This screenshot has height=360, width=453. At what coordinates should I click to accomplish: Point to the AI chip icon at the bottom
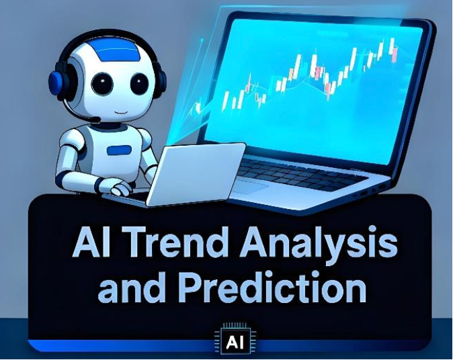tap(234, 342)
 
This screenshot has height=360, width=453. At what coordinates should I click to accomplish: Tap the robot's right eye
tap(138, 84)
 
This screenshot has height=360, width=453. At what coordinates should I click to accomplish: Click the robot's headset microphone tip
tap(95, 120)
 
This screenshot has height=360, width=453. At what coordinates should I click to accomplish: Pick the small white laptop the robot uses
tap(195, 173)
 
